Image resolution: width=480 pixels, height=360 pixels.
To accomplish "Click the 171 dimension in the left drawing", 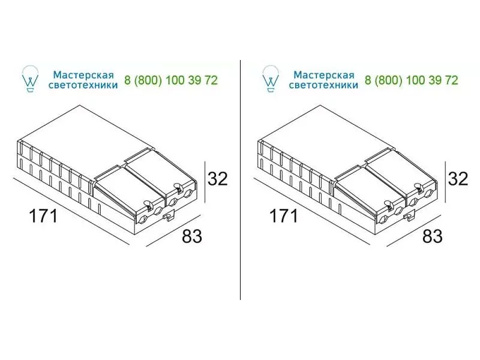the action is (43, 215).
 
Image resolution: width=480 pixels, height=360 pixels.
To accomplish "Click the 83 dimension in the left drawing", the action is (192, 236).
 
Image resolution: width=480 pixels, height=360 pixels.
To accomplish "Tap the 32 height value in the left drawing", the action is (218, 178).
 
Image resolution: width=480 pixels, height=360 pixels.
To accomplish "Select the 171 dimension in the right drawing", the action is (283, 215).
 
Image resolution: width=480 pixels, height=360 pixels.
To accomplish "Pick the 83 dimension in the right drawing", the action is (432, 236).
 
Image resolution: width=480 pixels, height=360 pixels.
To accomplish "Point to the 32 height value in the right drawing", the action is (458, 178).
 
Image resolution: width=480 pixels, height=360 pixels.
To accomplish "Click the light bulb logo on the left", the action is (31, 79).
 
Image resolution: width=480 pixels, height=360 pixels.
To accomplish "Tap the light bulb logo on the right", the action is (271, 79).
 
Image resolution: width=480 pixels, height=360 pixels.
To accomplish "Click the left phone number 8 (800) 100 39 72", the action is (171, 80).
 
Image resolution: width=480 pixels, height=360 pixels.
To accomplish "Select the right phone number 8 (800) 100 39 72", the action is (411, 80).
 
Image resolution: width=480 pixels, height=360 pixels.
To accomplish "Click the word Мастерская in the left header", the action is (83, 74).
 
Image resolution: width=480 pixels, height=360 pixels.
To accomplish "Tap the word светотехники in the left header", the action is (83, 85).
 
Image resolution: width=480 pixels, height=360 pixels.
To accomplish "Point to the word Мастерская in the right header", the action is (323, 74).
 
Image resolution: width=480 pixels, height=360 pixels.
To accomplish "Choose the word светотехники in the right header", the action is (323, 85).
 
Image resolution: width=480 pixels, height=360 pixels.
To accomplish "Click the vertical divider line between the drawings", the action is (241, 179).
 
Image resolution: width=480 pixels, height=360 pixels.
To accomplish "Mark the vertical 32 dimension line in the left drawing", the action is (205, 182).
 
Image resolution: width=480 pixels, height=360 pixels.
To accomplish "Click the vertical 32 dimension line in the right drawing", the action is (445, 182).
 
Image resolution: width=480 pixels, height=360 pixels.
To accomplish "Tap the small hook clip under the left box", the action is (169, 216).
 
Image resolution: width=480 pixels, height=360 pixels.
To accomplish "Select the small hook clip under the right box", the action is (409, 216).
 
